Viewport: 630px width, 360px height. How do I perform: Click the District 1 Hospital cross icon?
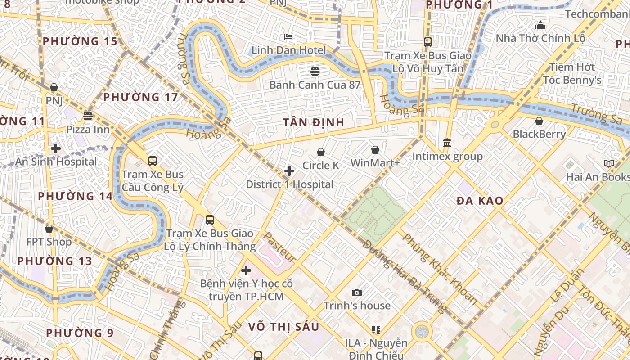(289, 171)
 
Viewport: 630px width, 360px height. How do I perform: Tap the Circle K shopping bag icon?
(321, 153)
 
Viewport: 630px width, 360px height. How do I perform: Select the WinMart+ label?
(375, 163)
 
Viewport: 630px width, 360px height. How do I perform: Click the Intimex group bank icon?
(447, 143)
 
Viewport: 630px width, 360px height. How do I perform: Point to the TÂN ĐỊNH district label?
(314, 122)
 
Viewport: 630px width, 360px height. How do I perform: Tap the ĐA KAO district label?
(480, 201)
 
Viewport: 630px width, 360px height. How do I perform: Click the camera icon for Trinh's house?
(357, 293)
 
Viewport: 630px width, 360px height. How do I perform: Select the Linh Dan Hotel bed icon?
(288, 36)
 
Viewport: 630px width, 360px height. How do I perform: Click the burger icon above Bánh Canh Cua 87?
(315, 71)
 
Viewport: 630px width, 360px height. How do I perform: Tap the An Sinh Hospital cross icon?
(56, 148)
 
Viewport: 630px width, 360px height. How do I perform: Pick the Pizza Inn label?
(88, 130)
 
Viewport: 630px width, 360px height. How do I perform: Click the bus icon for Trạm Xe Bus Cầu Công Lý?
(153, 161)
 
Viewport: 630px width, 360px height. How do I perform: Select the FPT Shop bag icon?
(49, 229)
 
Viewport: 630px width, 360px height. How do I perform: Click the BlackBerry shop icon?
(539, 121)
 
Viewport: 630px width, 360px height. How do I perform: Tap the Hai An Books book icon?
(609, 164)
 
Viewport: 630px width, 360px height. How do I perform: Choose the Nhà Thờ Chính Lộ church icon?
(540, 25)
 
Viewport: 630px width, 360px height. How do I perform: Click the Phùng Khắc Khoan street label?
(439, 268)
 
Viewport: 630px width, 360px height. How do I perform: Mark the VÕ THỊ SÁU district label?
(283, 327)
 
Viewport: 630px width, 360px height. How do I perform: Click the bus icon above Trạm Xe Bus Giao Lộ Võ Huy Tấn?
(427, 42)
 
